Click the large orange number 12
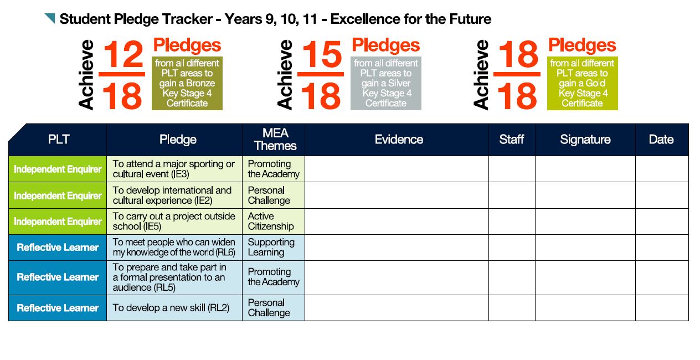(123, 54)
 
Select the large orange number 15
(322, 54)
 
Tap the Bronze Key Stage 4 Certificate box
(187, 83)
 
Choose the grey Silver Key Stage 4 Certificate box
(386, 83)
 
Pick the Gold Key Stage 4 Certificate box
(583, 83)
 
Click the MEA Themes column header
(275, 140)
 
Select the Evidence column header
(399, 140)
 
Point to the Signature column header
(585, 140)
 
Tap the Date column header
(661, 140)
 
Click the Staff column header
(512, 140)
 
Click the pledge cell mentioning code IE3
(174, 169)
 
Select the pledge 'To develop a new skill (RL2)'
(174, 308)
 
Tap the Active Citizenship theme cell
(274, 221)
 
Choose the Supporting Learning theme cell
(274, 247)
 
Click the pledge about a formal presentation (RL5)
(174, 277)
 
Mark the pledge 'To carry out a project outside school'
(174, 221)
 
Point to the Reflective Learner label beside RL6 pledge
(58, 247)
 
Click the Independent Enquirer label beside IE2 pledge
(58, 196)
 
